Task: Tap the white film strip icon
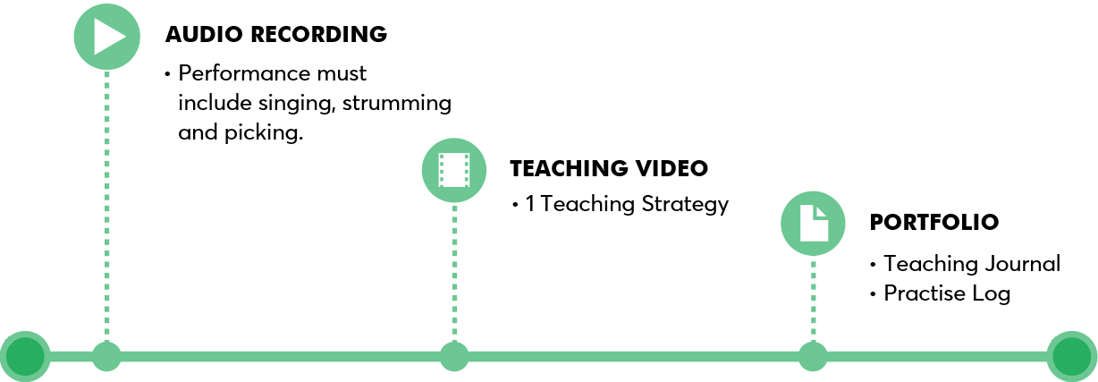pos(454,170)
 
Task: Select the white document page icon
pos(812,225)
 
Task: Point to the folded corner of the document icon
pos(823,212)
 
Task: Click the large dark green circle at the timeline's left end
pos(25,356)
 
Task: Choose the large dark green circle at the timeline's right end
pos(1071,356)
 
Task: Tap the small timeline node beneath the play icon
pos(106,356)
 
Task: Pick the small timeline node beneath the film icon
pos(454,356)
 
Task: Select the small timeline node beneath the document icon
pos(813,356)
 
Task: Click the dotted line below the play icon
pos(106,206)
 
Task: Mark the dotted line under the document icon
pos(813,300)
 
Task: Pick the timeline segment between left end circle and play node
pos(71,356)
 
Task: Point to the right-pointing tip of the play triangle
pos(124,37)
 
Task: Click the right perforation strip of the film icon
pos(466,170)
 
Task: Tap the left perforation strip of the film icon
pos(442,170)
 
